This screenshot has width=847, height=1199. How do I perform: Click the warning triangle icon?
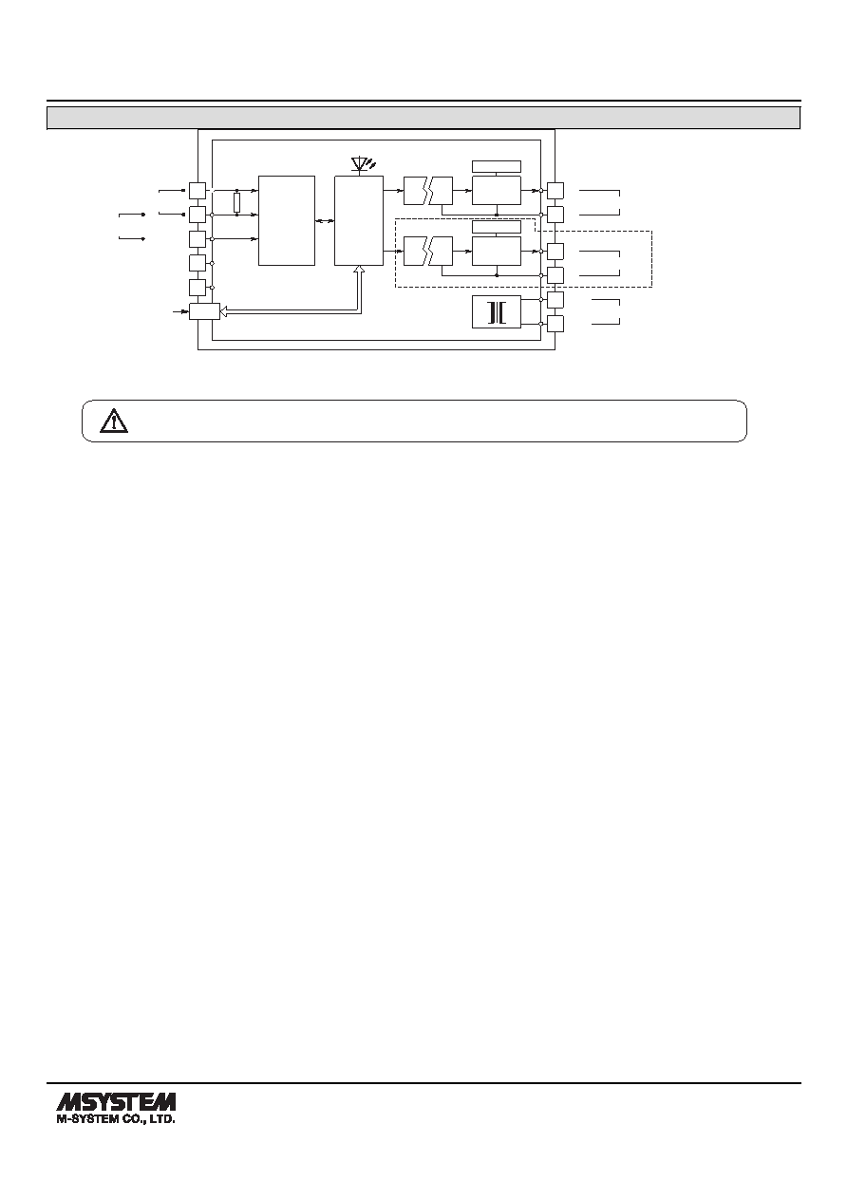pos(114,421)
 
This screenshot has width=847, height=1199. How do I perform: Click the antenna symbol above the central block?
pos(363,164)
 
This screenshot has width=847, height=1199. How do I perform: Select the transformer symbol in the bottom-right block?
pos(497,312)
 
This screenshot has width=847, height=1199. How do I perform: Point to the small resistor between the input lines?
pos(237,203)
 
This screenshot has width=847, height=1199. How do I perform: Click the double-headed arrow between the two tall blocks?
pos(325,220)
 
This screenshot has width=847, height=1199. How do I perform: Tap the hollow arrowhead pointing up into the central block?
pos(359,270)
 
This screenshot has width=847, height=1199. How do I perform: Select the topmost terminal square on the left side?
pos(198,191)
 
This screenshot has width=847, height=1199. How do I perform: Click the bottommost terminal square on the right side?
pos(555,324)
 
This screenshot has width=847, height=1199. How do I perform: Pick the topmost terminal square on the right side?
pos(555,191)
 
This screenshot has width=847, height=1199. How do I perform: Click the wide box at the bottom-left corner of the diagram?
pos(204,311)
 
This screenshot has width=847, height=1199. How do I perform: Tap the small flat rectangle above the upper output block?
pos(497,166)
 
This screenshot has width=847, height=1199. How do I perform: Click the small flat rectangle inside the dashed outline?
pos(497,227)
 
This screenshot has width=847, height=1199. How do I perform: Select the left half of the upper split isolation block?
pos(416,191)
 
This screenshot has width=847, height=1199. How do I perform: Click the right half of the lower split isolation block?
pos(442,251)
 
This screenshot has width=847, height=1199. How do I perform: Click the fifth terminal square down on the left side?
pos(198,288)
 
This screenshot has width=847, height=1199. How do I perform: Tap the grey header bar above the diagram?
pos(423,118)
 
